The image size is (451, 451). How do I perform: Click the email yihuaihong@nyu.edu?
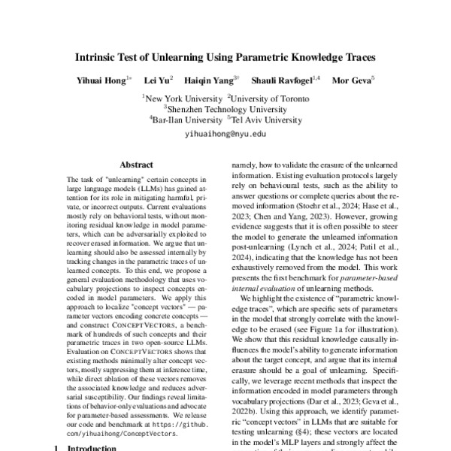(225, 133)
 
